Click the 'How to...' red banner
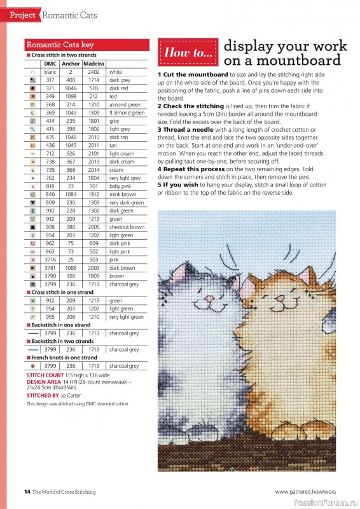click(188, 53)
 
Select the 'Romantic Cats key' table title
click(60, 45)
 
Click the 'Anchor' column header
click(71, 64)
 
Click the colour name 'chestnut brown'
click(127, 227)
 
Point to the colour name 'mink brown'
click(122, 194)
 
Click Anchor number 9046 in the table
click(71, 88)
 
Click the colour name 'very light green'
click(126, 317)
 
